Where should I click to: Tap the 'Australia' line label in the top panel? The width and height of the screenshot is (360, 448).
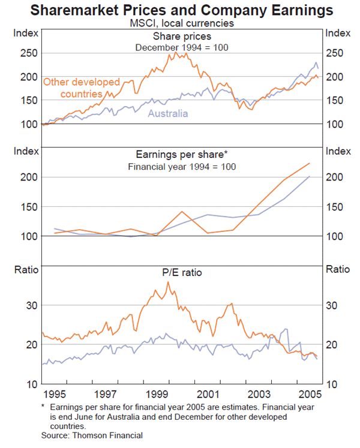[168, 113]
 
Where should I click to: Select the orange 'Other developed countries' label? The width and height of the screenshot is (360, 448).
[82, 88]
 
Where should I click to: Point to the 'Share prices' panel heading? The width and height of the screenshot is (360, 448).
[181, 37]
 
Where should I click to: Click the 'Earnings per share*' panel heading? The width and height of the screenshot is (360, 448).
[180, 155]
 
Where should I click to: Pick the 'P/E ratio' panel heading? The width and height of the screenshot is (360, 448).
[181, 272]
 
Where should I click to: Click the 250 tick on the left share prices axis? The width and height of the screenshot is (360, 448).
[31, 53]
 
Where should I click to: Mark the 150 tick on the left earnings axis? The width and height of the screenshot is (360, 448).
[31, 207]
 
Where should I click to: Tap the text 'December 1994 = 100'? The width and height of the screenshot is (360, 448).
[181, 47]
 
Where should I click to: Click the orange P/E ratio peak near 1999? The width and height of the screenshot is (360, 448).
[168, 282]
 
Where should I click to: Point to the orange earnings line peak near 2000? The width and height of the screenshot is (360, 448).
[182, 211]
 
